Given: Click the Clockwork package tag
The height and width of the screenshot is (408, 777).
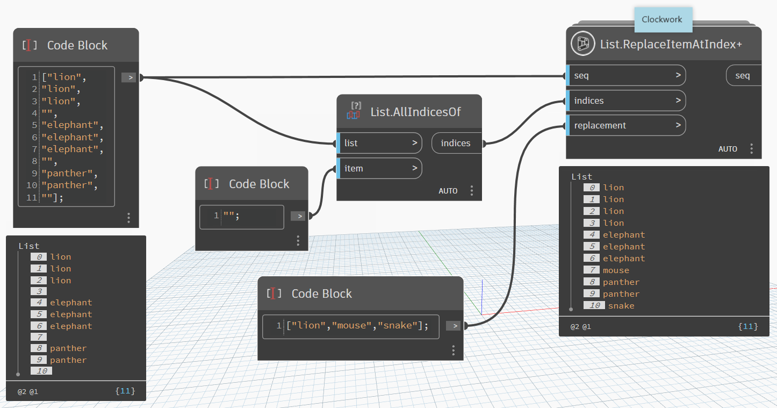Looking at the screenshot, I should click(x=661, y=19).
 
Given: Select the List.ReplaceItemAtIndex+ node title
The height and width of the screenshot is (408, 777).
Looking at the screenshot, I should click(x=671, y=44).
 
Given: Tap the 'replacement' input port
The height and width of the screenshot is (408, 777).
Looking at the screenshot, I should click(x=627, y=125).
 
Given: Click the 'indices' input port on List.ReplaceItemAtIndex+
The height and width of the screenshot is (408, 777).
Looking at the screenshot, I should click(x=627, y=101).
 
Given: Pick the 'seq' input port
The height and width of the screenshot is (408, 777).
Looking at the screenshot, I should click(x=627, y=76).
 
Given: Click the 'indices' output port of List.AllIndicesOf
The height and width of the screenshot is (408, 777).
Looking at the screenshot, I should click(x=456, y=144).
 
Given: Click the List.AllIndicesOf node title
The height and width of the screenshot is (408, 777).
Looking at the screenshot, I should click(x=415, y=112).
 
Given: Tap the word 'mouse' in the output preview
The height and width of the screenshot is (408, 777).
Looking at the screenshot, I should click(x=616, y=270).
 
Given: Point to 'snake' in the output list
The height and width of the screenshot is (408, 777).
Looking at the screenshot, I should click(x=621, y=306).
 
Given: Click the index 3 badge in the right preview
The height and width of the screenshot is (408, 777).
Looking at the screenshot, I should click(x=591, y=223).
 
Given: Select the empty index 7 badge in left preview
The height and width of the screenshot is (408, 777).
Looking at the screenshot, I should click(x=39, y=337).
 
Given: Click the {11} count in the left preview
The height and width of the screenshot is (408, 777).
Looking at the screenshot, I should click(x=125, y=391).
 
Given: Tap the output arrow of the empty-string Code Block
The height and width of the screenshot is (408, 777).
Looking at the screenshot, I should click(x=298, y=216).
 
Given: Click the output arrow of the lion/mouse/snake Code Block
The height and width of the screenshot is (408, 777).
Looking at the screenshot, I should click(x=454, y=325).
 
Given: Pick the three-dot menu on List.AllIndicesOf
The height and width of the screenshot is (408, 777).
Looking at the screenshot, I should click(x=472, y=190).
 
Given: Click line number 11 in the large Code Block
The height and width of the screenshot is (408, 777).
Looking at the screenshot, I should click(x=32, y=197).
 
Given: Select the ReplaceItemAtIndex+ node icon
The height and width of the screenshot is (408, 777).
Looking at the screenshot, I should click(x=583, y=44).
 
